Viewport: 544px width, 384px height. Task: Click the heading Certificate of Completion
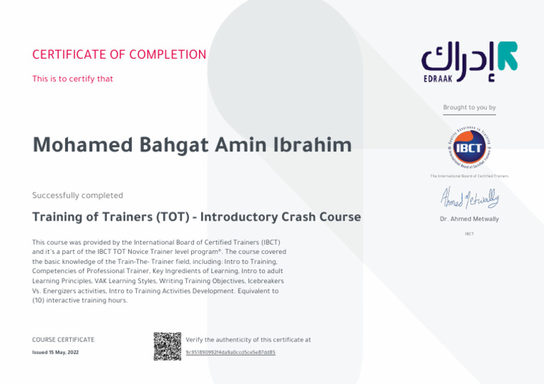pos(119,55)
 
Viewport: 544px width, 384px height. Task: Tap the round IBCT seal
pos(469,149)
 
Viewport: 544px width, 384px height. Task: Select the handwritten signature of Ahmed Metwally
pos(469,197)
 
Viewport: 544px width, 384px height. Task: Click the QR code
pos(166,345)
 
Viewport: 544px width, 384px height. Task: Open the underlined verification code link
pos(230,351)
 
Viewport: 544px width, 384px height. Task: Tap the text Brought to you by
pos(469,107)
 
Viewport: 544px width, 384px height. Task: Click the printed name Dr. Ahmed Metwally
pos(469,219)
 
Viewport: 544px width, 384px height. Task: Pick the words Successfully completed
pos(78,195)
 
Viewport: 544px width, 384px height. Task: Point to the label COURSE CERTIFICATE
pos(63,340)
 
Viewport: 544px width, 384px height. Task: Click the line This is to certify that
pos(73,78)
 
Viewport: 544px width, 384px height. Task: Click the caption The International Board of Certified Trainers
pos(469,176)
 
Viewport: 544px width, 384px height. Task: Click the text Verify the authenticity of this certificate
pos(248,340)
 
